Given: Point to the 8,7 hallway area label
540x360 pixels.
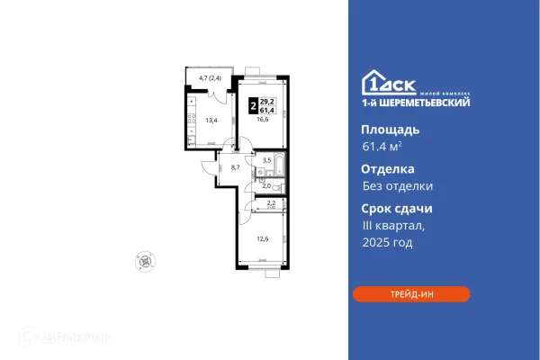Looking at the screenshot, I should pos(235,166).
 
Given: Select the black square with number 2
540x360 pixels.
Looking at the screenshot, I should pos(251,104).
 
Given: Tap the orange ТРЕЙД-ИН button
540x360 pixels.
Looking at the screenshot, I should pos(411,294).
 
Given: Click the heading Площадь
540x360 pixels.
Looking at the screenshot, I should pos(383,130).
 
